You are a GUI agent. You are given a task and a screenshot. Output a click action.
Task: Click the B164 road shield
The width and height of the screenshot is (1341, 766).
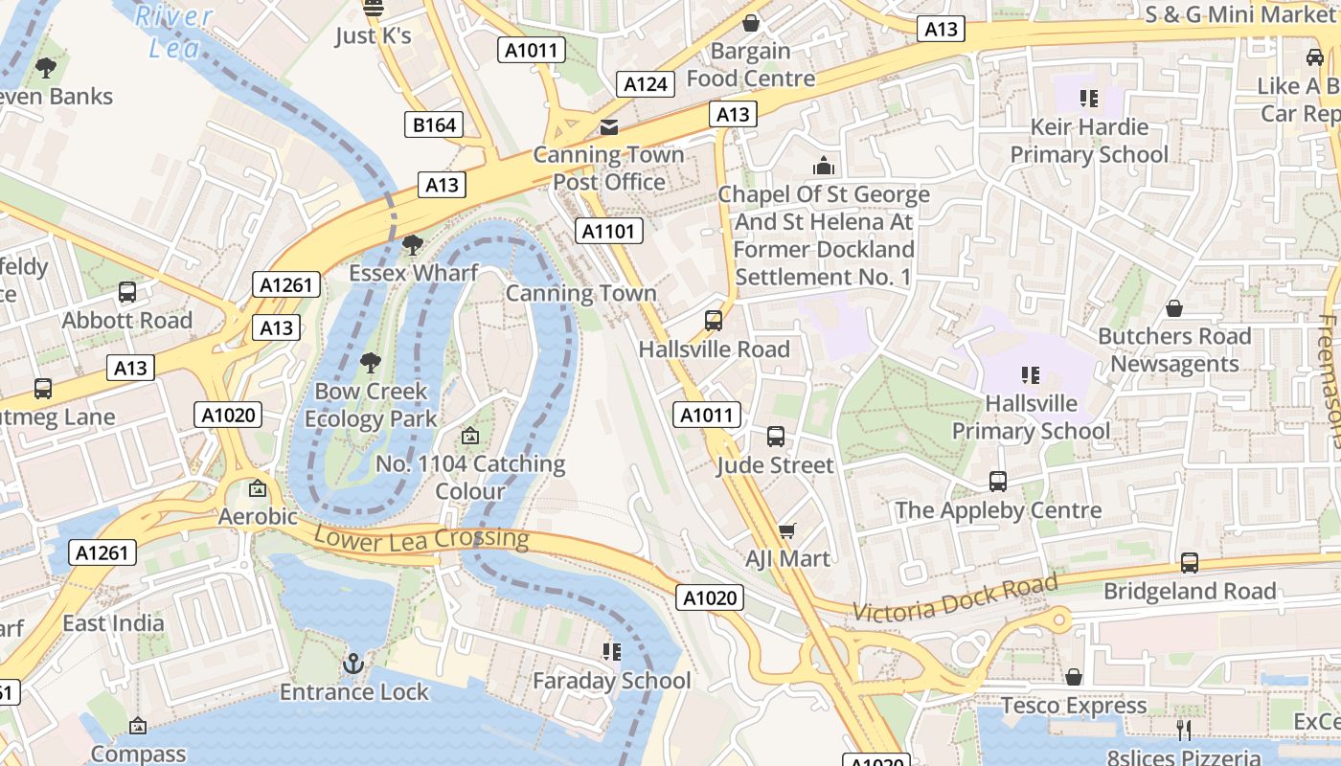coord(436,124)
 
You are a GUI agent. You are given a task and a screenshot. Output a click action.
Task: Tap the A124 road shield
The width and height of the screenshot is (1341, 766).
coord(645,84)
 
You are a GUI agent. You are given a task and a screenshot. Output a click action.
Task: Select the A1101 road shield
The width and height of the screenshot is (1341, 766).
coord(608,231)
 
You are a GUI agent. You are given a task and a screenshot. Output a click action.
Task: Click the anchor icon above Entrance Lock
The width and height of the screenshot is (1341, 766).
coord(354,663)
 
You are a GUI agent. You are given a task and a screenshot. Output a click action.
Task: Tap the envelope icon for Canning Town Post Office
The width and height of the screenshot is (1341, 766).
coord(608,127)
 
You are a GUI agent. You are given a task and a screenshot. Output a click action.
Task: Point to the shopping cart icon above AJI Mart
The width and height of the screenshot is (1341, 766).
coord(787,530)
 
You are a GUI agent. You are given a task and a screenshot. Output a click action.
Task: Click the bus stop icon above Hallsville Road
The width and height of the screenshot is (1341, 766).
coord(714,321)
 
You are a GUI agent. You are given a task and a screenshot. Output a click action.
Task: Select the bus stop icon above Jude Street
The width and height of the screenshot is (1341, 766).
coord(776,437)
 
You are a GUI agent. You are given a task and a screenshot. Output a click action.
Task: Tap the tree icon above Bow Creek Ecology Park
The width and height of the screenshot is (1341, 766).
coord(371,363)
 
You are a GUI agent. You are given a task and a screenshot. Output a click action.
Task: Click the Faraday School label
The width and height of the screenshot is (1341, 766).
coord(611,681)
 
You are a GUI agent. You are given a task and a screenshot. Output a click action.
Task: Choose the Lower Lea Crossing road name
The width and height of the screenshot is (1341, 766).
coord(421,537)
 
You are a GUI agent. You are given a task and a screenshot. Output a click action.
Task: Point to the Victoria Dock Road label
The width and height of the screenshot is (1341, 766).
coord(955,597)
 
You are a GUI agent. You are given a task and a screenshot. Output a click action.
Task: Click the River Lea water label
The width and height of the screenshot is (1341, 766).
coord(174,31)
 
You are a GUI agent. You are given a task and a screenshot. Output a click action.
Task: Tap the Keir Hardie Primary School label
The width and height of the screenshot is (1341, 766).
coord(1089,141)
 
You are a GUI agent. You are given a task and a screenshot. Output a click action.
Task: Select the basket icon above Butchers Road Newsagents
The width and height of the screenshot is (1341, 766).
coord(1174,308)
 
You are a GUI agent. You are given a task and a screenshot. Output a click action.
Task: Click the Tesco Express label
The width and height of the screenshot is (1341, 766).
coord(1074,706)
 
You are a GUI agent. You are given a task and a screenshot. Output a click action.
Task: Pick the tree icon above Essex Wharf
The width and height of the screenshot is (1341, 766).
coord(413,245)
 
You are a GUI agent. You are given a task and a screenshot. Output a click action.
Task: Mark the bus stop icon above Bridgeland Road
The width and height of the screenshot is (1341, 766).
coord(1190,563)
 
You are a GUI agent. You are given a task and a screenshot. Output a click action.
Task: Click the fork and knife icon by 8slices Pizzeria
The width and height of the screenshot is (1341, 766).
coord(1184,730)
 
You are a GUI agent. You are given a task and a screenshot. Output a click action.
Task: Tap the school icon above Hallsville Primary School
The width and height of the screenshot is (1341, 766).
coord(1031,374)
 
